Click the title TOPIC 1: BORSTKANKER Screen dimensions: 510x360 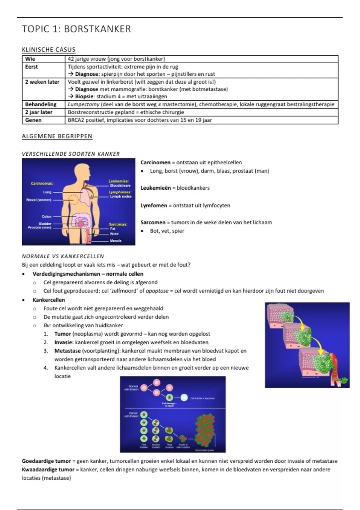[x=76, y=29]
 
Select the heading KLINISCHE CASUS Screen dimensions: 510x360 [x=49, y=49]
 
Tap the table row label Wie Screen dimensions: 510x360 [x=30, y=59]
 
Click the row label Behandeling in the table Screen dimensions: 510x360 [x=41, y=104]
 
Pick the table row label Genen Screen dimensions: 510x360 [x=33, y=120]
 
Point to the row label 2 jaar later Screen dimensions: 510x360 [x=39, y=112]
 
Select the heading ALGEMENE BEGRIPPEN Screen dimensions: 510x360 [x=57, y=136]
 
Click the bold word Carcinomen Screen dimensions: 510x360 [x=155, y=162]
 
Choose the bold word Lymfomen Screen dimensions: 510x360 [x=154, y=205]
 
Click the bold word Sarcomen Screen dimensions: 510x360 [x=153, y=222]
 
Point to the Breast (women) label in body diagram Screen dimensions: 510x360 [x=39, y=200]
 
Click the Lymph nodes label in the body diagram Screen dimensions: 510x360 [x=121, y=196]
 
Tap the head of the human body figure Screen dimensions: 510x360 [x=82, y=172]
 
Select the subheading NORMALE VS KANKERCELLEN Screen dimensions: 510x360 [x=63, y=256]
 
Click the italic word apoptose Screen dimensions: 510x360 [x=157, y=291]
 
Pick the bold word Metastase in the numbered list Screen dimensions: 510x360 [x=67, y=351]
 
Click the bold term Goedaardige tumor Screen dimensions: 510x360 [x=46, y=461]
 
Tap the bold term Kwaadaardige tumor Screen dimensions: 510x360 [x=48, y=469]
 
